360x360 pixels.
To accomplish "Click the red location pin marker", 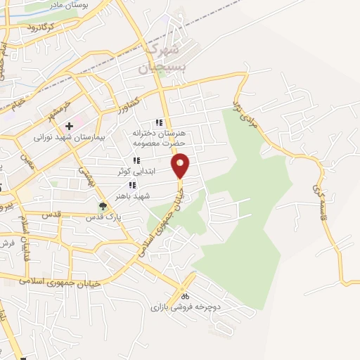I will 181,165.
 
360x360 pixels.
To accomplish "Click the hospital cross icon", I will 69,127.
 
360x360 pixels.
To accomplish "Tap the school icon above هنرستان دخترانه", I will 159,122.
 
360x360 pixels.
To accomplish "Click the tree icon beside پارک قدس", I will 103,206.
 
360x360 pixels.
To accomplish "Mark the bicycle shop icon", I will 184,296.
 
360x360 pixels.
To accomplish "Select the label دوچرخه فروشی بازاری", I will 185,307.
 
